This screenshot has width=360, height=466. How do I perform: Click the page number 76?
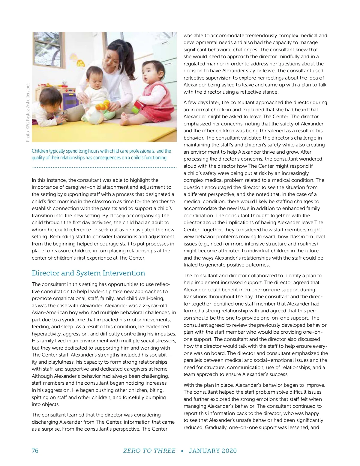(x=35, y=451)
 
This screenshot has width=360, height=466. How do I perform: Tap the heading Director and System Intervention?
(x=88, y=273)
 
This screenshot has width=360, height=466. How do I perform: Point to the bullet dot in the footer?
(x=182, y=451)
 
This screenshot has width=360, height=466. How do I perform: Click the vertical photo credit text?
(x=28, y=112)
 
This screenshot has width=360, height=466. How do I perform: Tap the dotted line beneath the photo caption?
(x=104, y=167)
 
